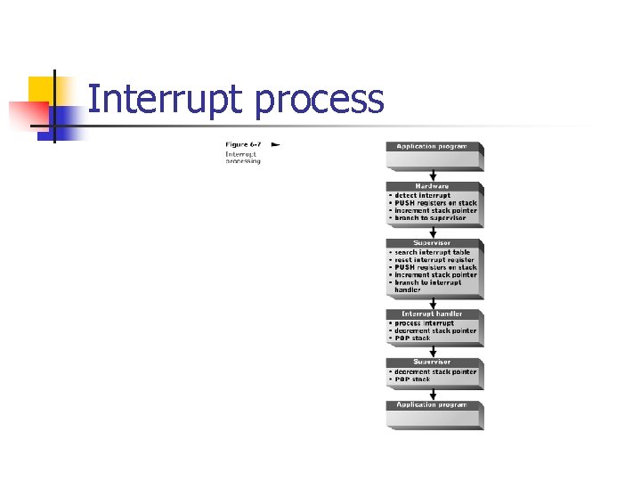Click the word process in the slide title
click(x=319, y=102)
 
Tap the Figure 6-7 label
click(x=244, y=144)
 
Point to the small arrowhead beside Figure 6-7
click(x=275, y=143)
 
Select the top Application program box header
click(x=432, y=146)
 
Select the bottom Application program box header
click(x=432, y=404)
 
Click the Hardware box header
click(x=432, y=186)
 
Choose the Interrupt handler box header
click(x=432, y=314)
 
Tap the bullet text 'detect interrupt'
click(x=423, y=195)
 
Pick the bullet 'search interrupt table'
click(x=431, y=252)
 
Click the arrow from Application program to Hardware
click(x=434, y=175)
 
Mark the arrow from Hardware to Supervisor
click(x=434, y=232)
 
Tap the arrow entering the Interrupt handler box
click(x=434, y=303)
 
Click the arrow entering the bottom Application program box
click(x=434, y=394)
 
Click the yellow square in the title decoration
click(x=41, y=89)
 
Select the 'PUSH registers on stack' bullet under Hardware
click(x=435, y=202)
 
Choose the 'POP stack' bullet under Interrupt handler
click(x=411, y=338)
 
